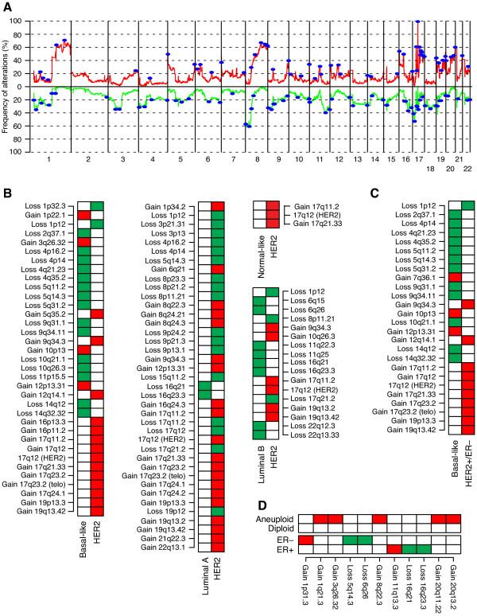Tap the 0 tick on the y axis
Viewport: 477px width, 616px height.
[x=21, y=86]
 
